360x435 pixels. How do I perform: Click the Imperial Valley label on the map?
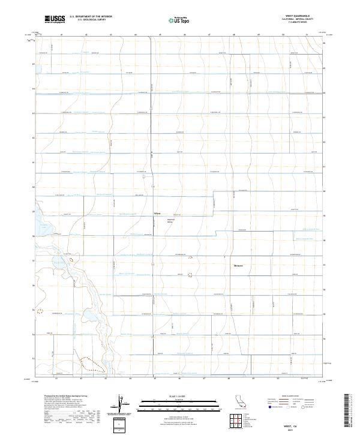coord(170,220)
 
